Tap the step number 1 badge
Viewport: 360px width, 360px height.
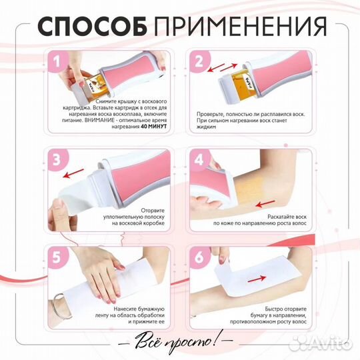[x=57, y=63]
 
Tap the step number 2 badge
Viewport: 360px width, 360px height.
[x=198, y=62]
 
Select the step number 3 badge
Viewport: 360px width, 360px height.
[x=57, y=160]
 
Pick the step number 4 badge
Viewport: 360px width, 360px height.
[x=198, y=160]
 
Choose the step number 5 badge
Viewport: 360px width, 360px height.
[x=57, y=257]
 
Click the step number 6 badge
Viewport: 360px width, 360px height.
[x=198, y=257]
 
